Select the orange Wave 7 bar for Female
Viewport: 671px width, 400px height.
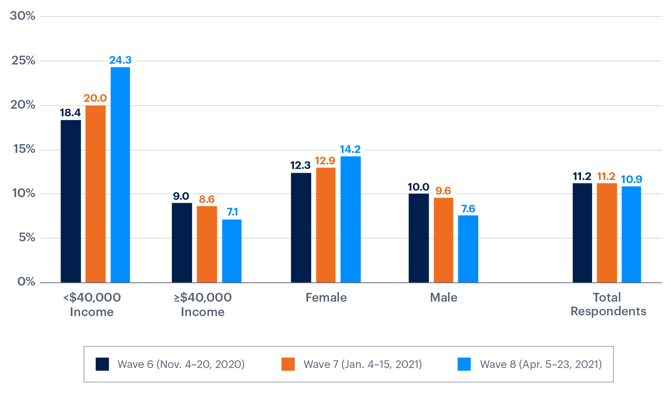(x=326, y=225)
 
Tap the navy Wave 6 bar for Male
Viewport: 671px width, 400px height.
(x=419, y=238)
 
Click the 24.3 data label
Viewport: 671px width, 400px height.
(x=120, y=60)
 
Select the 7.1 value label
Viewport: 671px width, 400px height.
(x=232, y=212)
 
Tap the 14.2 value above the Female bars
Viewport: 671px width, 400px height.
(x=350, y=149)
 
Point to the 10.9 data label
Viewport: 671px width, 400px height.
(x=631, y=179)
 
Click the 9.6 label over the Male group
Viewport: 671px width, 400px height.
(x=443, y=191)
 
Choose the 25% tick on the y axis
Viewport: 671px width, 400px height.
(x=23, y=61)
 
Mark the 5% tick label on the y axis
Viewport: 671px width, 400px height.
(x=26, y=238)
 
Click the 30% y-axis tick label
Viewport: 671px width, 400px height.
(x=22, y=16)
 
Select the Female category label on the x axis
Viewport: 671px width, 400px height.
(x=326, y=297)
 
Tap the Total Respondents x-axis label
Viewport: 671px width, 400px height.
(x=608, y=304)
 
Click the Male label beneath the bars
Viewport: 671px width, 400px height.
(x=443, y=297)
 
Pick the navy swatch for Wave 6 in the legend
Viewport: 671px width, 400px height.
(x=102, y=364)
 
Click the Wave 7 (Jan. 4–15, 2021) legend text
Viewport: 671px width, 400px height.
(x=363, y=364)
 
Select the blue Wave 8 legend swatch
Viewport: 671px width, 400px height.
(x=464, y=364)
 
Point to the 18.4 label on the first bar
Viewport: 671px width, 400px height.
(x=70, y=113)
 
